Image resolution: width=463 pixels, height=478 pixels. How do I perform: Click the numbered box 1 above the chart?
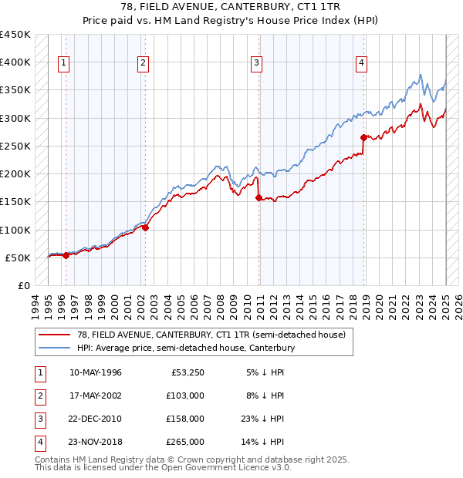point(63,63)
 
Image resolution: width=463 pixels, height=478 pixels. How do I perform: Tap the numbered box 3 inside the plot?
point(256,63)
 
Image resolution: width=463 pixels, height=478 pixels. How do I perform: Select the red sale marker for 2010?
point(258,197)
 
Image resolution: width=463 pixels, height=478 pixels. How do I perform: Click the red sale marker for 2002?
point(145,227)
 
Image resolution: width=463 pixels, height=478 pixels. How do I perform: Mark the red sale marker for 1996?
point(66,255)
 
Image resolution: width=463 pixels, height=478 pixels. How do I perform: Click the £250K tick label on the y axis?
point(15,146)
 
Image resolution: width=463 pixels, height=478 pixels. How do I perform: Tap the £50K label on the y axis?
point(18,258)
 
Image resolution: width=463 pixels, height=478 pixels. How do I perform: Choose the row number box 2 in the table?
point(39,396)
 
